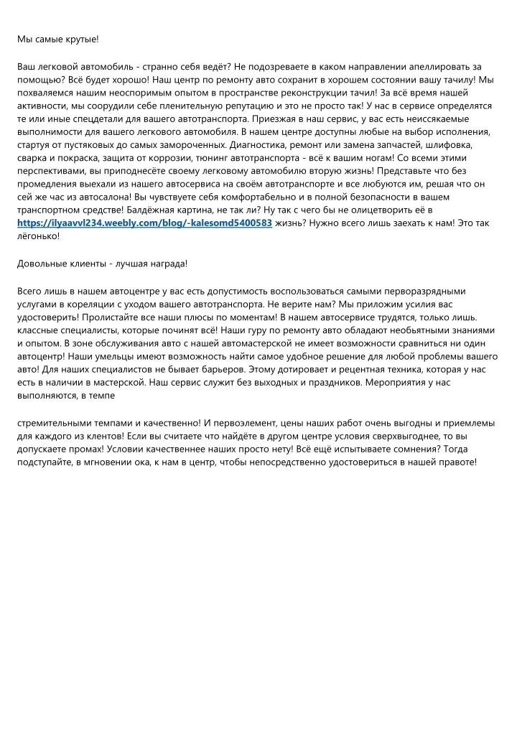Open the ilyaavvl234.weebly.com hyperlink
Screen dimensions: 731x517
pyautogui.click(x=144, y=223)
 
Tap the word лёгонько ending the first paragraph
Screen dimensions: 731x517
pyautogui.click(x=37, y=236)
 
